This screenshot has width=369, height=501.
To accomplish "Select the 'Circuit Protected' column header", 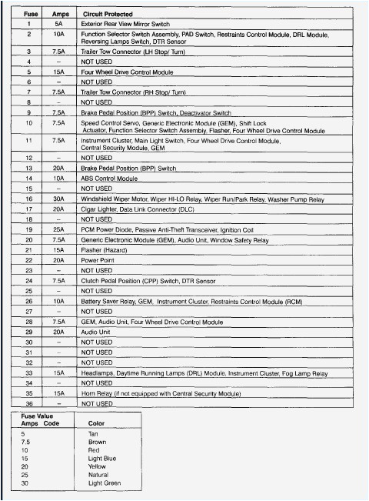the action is click(x=107, y=14).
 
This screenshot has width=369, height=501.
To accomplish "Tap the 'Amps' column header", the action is click(x=60, y=14).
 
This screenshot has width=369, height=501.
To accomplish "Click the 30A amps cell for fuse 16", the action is click(x=58, y=199).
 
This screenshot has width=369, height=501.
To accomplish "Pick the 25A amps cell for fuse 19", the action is click(x=58, y=229).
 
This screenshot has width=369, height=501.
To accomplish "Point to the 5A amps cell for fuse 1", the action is click(x=58, y=24).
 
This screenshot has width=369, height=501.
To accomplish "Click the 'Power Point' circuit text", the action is click(x=97, y=259).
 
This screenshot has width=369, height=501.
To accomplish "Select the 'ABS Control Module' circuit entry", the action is click(x=109, y=179).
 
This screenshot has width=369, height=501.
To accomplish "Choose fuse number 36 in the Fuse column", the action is click(x=28, y=402).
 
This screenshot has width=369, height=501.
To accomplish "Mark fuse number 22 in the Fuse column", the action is click(x=28, y=259).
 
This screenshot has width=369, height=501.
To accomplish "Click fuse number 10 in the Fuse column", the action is click(x=28, y=122).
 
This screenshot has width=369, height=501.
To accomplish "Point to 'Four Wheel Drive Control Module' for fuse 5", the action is click(x=127, y=72).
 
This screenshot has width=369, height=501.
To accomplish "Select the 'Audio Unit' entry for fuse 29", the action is click(x=96, y=331).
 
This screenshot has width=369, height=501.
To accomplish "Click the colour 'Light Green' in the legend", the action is click(x=105, y=483).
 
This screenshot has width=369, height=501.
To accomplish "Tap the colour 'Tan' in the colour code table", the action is click(x=93, y=433).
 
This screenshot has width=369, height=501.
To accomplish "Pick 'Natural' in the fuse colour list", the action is click(x=99, y=474).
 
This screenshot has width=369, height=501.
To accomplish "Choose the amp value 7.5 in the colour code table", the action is click(x=25, y=442).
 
